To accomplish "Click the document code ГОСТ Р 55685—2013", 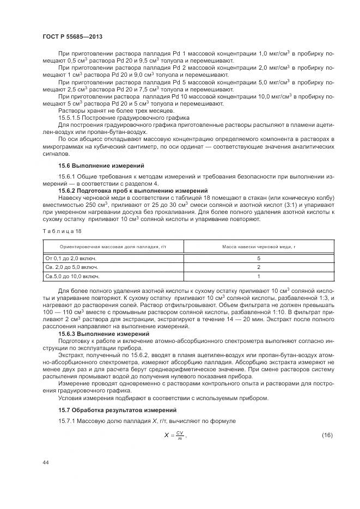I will click(x=72, y=36).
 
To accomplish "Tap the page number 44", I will click(x=46, y=462).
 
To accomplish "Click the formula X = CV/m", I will click(x=175, y=434).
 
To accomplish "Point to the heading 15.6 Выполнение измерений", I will click(x=101, y=165).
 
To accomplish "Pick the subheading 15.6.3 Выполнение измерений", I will click(x=103, y=333).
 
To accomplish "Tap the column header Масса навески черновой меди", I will click(x=258, y=247).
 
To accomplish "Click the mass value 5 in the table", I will click(x=258, y=257).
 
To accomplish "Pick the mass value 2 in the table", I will click(x=258, y=267).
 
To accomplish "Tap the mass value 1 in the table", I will click(x=258, y=276).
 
